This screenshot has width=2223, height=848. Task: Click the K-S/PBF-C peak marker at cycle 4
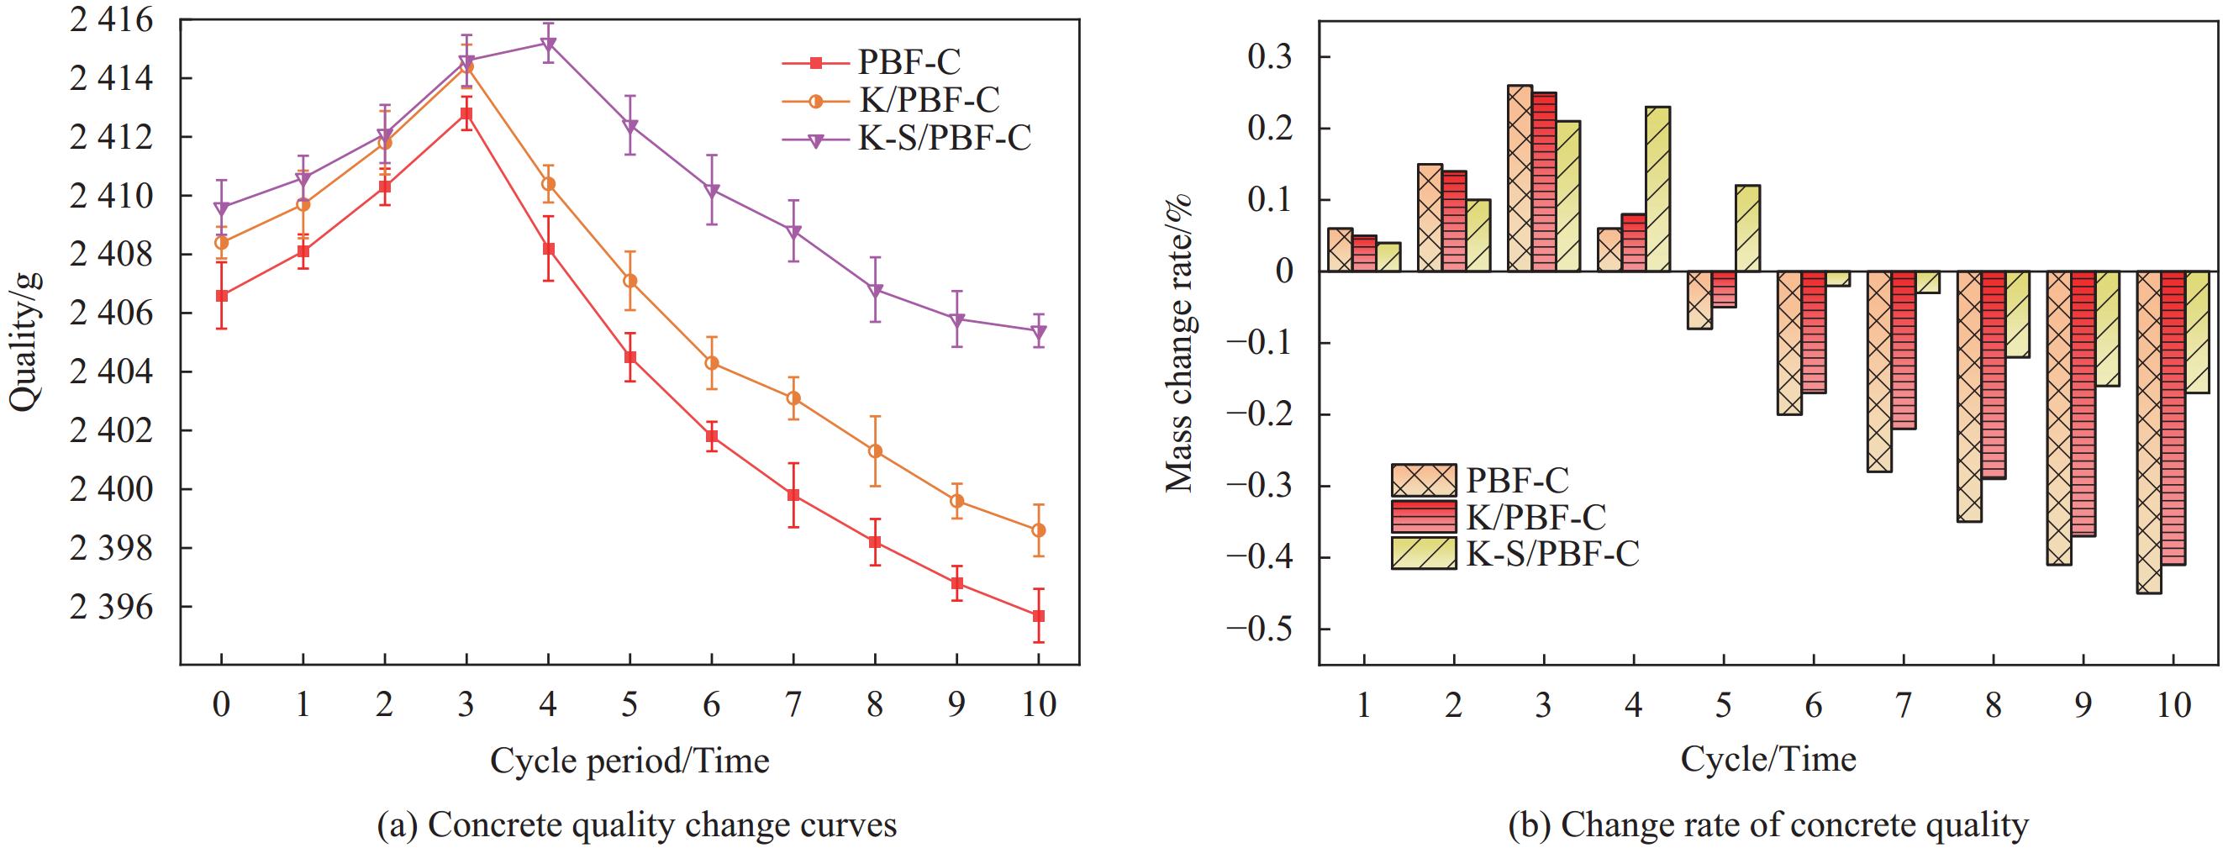548,43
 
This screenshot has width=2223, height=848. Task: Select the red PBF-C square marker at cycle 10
1038,615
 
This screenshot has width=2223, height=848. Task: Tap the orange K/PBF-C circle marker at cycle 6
712,363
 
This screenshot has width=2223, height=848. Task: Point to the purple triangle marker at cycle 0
222,208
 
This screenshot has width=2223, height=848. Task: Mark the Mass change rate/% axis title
1179,344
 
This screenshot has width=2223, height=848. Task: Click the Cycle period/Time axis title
629,760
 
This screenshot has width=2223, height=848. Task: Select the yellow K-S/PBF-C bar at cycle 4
1657,189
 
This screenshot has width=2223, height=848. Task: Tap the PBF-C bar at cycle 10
2149,432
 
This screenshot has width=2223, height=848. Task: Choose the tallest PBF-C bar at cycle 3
1520,178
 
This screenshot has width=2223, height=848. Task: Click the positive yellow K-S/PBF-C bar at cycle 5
1747,229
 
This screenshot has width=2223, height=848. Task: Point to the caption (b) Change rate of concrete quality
1768,825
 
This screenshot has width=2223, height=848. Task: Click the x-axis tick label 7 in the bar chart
1902,706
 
